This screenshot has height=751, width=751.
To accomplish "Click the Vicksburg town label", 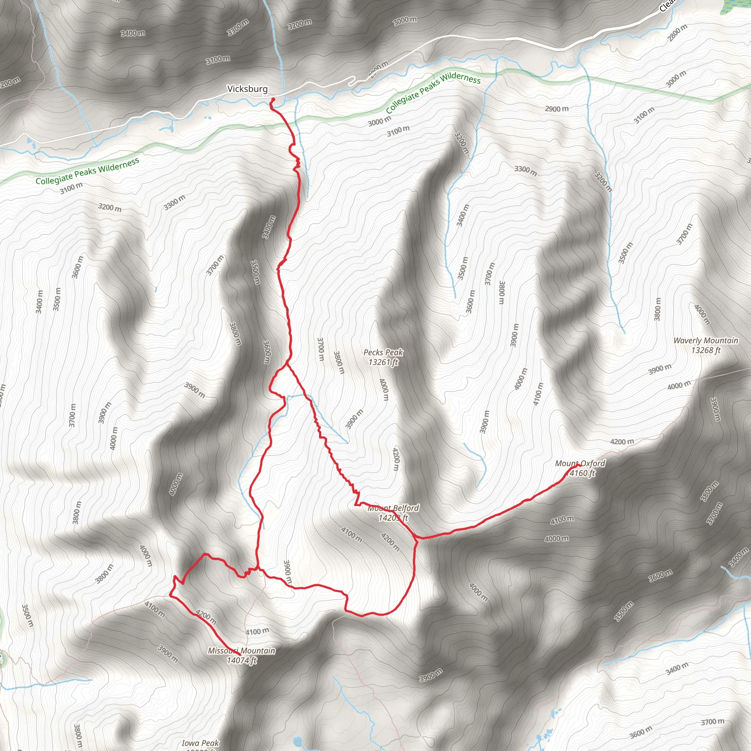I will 247,89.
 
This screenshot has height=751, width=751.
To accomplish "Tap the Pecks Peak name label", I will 383,352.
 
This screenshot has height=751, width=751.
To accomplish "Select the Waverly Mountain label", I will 706,341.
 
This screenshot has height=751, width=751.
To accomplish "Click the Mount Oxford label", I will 580,464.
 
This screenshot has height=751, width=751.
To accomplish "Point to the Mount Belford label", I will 393,508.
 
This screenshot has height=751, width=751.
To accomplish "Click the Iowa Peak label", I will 200,743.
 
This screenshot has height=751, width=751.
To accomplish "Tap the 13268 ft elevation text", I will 706,350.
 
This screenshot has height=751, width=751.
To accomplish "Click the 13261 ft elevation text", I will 383,362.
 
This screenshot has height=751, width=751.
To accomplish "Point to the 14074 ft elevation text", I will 242,660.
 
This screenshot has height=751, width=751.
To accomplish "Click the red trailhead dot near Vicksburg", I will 273,99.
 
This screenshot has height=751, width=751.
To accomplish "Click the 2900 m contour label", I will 557,109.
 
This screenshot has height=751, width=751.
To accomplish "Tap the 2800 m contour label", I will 678,33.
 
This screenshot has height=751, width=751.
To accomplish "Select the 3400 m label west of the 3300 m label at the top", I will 133,33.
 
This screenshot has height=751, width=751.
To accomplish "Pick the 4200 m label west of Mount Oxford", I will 622,442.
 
